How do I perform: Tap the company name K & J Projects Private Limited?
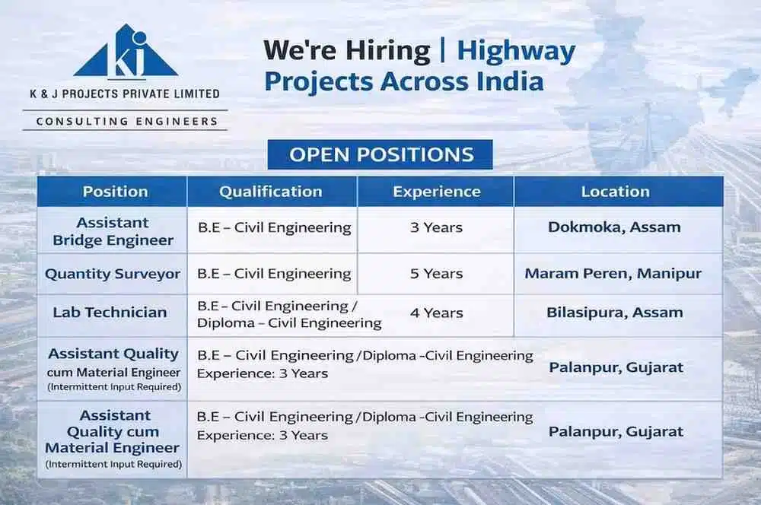coord(125,94)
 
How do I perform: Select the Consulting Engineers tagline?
coord(126,121)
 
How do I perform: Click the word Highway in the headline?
coord(516,51)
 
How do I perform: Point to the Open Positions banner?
coord(380,155)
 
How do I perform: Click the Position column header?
coord(115,192)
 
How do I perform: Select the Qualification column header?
coord(271,192)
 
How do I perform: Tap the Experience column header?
coord(436,192)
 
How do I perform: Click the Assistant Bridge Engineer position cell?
coord(113,231)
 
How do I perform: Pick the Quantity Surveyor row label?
coord(113,274)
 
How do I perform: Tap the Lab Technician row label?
coord(110,312)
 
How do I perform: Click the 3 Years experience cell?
coord(436,227)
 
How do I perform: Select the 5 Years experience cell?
coord(436,274)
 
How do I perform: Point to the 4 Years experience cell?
coord(436,312)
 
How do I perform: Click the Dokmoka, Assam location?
coord(614,227)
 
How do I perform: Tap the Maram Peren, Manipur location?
coord(613,274)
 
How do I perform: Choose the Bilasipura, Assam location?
coord(614,312)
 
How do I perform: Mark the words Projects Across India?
coord(403,81)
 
